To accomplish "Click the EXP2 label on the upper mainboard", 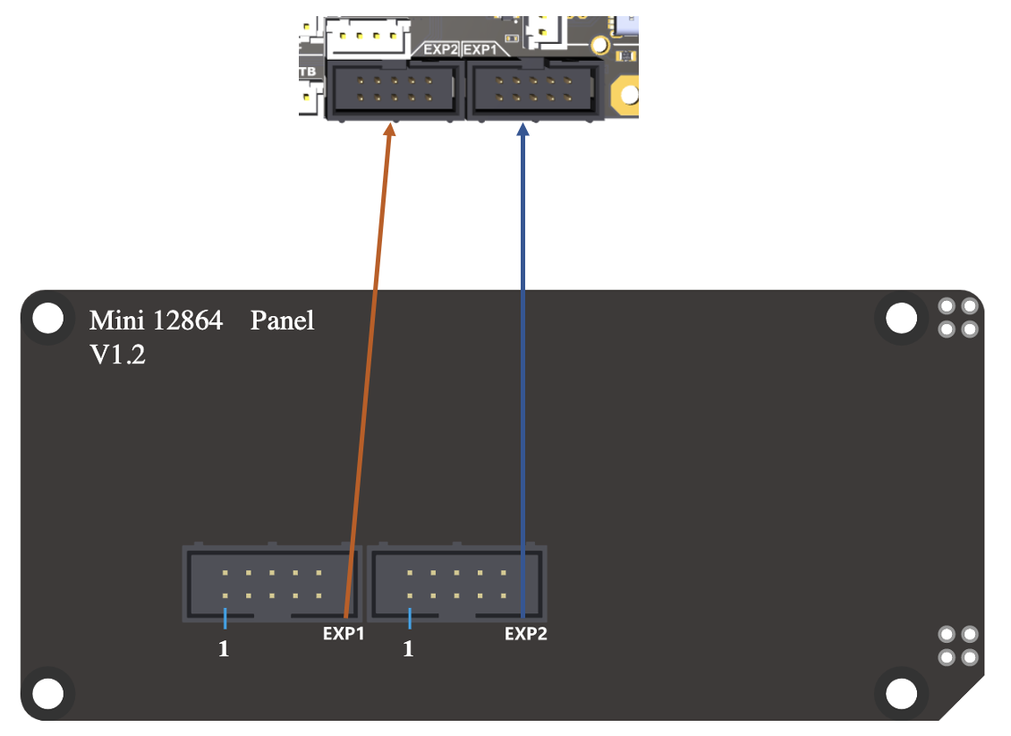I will click(441, 50).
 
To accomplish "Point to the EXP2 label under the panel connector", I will click(525, 634).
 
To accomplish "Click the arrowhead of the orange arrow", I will click(389, 131).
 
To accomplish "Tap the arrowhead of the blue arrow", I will click(523, 131).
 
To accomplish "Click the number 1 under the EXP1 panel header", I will click(224, 649).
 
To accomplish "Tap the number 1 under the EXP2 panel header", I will click(408, 649).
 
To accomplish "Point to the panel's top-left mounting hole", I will click(47, 318).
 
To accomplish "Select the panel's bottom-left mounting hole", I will click(47, 692).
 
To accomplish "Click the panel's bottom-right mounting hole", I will click(901, 692).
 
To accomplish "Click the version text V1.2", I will click(117, 355).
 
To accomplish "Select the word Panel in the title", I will click(282, 321).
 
